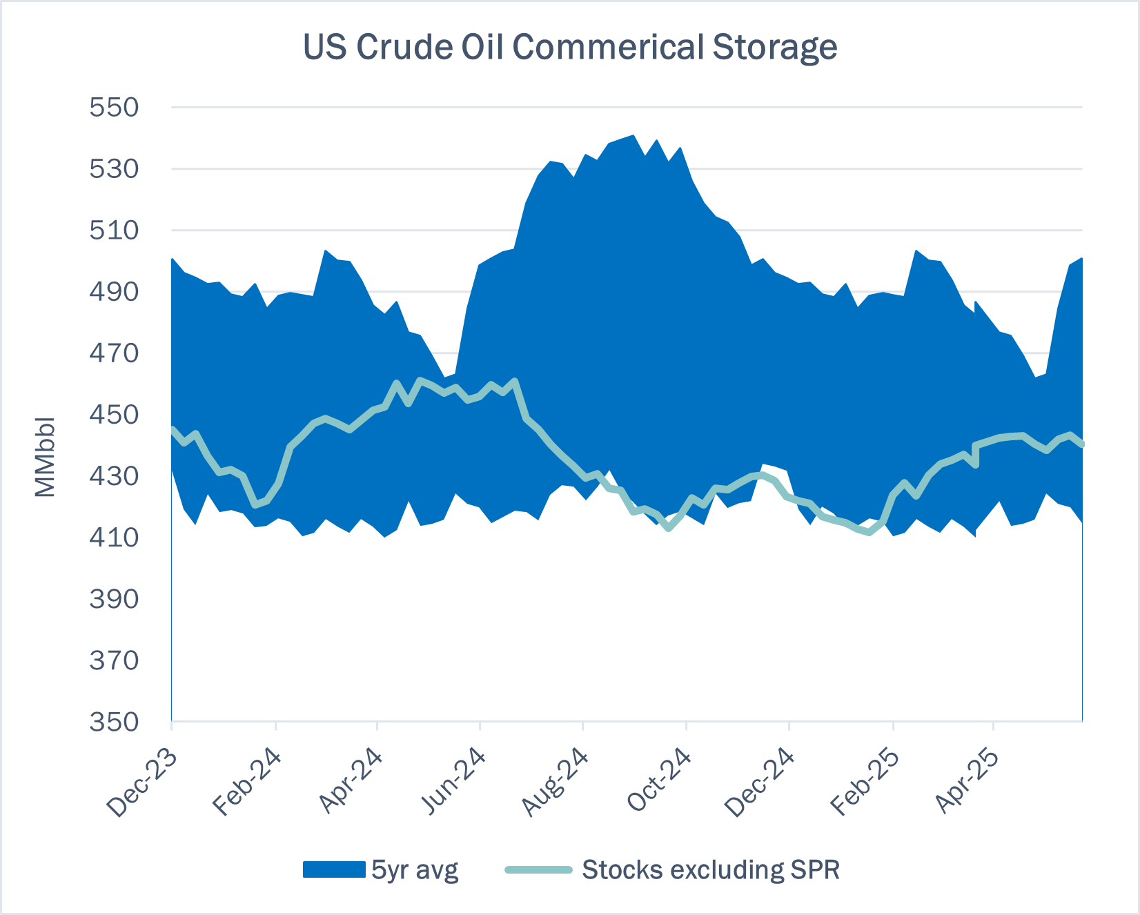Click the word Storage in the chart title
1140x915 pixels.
coord(774,48)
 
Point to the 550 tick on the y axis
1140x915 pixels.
coord(114,108)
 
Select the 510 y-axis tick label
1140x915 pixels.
coord(114,230)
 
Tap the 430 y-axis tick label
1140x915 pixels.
coord(114,476)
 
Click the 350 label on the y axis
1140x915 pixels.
coord(114,722)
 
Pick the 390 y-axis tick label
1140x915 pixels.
coord(114,599)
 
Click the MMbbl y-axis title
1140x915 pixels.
coord(44,457)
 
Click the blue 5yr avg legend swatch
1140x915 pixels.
coord(334,869)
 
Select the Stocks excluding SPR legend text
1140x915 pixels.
coord(711,869)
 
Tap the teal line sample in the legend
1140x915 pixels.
coord(539,869)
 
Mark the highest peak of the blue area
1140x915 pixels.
coord(633,136)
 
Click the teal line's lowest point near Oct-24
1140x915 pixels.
coord(668,528)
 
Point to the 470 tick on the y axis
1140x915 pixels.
coord(114,353)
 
